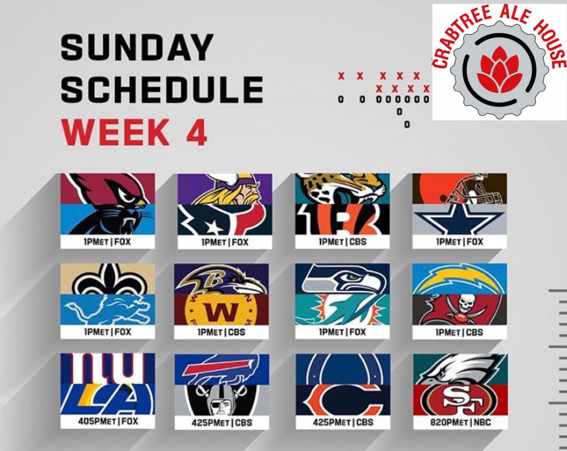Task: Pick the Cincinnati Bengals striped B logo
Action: pyautogui.click(x=342, y=219)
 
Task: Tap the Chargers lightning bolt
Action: pyautogui.click(x=459, y=281)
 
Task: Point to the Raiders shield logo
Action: pyautogui.click(x=221, y=400)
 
